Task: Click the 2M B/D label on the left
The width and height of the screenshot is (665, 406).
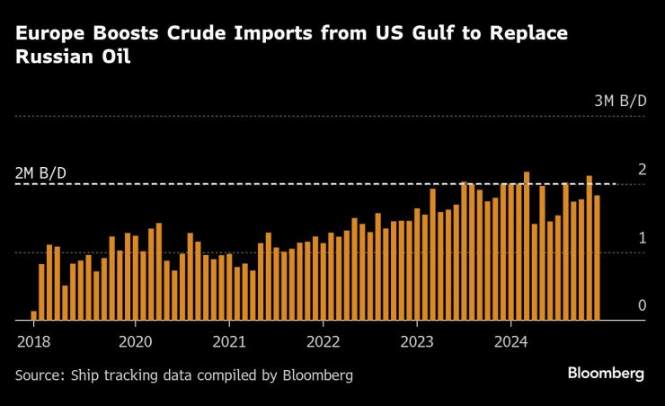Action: point(40,172)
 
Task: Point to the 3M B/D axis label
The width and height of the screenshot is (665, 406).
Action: point(620,101)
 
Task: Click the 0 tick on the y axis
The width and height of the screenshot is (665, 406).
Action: point(642,305)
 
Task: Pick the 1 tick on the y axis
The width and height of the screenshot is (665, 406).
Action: point(642,238)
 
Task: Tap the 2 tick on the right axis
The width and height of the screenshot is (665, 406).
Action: point(642,170)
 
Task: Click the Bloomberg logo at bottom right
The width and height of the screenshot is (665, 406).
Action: point(605,373)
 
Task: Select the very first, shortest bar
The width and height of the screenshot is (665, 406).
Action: point(34,315)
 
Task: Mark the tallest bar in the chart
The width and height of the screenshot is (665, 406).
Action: point(527,245)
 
